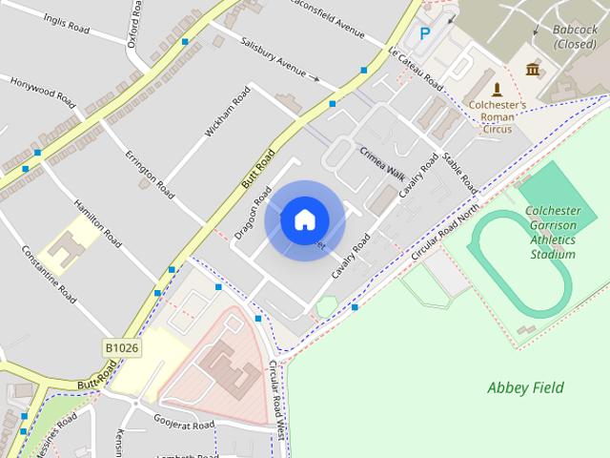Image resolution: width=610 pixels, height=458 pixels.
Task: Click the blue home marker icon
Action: point(304,220)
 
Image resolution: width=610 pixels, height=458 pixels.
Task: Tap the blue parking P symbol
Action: point(425,33)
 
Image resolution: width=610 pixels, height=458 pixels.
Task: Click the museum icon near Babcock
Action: point(532,69)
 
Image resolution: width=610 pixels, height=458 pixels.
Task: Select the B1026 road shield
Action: point(122,348)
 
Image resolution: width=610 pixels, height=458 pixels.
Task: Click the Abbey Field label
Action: point(525,387)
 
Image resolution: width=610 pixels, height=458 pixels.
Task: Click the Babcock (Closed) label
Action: point(576,36)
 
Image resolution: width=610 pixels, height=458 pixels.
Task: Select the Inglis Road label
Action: point(65,24)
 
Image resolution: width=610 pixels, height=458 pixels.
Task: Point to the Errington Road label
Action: point(151,174)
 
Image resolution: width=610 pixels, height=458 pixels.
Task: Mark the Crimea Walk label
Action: point(382,162)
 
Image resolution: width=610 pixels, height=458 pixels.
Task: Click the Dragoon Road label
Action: point(253,211)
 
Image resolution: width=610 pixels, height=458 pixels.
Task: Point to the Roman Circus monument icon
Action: point(496,89)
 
